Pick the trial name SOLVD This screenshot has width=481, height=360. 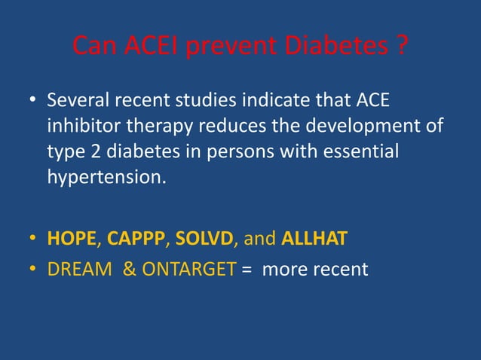coord(205,239)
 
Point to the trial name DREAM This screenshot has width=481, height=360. coord(78,268)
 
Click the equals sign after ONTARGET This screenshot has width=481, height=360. coord(247,268)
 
